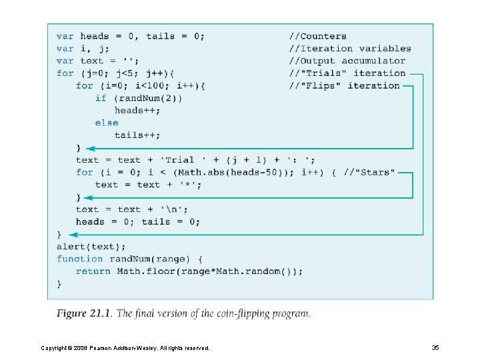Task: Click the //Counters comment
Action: click(317, 36)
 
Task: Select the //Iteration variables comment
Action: click(349, 48)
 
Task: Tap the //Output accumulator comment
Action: click(347, 61)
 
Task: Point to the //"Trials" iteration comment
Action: click(347, 73)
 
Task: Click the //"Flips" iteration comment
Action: click(344, 85)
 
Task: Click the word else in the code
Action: click(106, 123)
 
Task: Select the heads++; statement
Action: click(137, 110)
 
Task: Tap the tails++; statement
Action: click(137, 135)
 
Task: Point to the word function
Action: click(79, 259)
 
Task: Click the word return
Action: click(93, 271)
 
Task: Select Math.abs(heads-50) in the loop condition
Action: click(219, 172)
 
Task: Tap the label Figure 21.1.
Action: click(85, 313)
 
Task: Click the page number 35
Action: click(435, 347)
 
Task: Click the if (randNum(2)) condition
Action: click(138, 98)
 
